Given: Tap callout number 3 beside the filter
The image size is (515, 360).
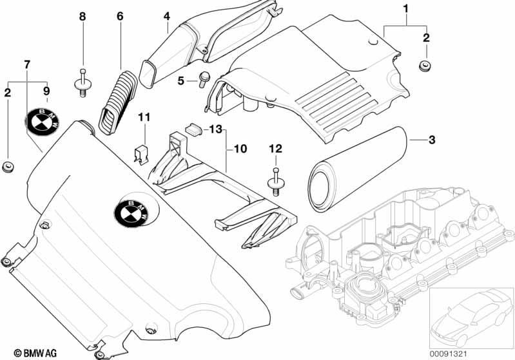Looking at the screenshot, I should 432,140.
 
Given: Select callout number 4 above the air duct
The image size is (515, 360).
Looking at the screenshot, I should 166,15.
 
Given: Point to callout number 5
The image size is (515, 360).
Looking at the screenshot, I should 181,81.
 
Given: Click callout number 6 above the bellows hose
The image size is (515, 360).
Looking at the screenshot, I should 120,15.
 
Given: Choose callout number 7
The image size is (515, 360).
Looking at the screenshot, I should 26,64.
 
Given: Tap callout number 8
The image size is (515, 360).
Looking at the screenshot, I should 83,15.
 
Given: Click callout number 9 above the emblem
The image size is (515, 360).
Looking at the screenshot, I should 46,90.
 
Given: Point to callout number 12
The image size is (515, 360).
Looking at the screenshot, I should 275,149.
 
